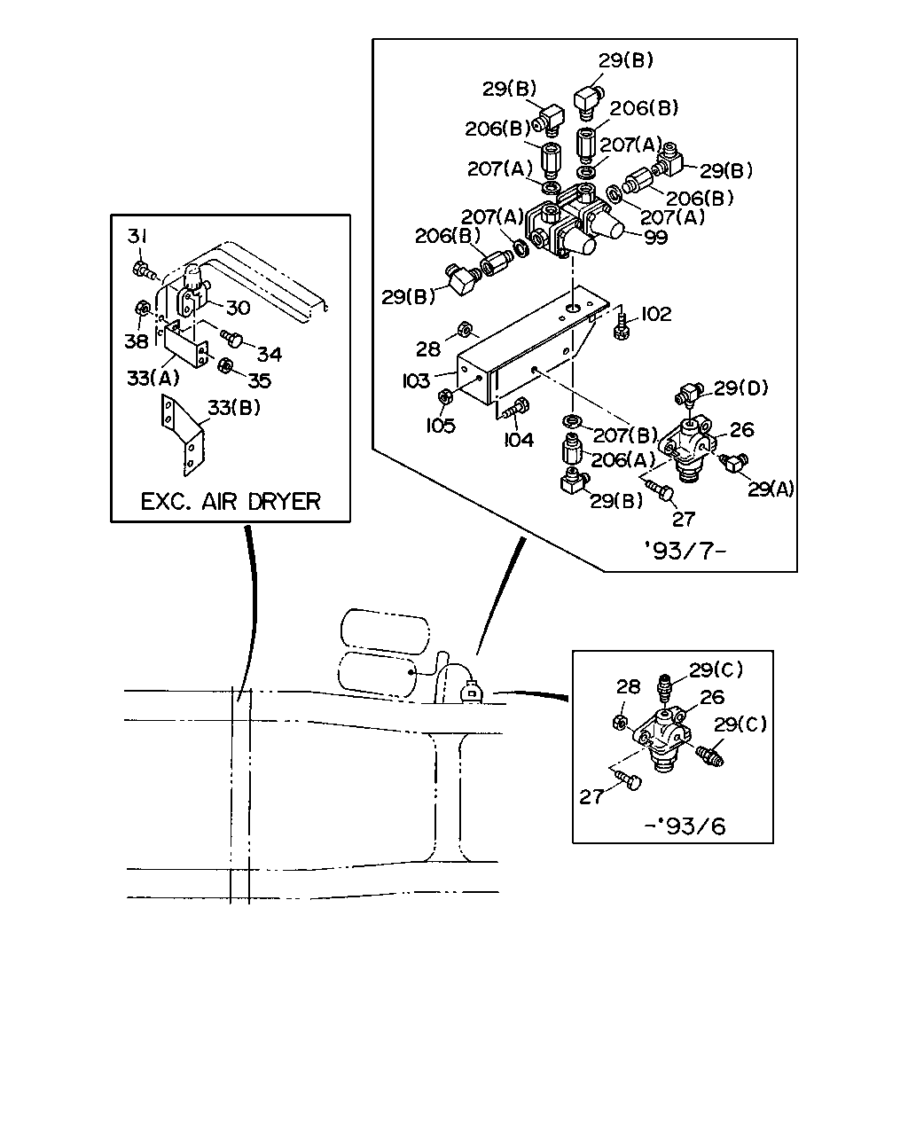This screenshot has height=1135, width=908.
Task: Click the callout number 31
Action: pyautogui.click(x=137, y=236)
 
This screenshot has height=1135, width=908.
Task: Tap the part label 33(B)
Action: pyautogui.click(x=234, y=407)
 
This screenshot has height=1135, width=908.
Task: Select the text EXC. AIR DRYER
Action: pyautogui.click(x=231, y=501)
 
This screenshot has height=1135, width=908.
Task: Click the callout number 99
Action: pyautogui.click(x=656, y=238)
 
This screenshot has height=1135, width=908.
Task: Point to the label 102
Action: pyautogui.click(x=656, y=314)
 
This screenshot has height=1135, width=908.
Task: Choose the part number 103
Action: pyautogui.click(x=416, y=380)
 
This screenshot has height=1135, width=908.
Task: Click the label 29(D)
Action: pyautogui.click(x=740, y=388)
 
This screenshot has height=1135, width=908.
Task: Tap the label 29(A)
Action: pyautogui.click(x=771, y=489)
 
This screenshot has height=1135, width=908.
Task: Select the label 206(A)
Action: pyautogui.click(x=622, y=460)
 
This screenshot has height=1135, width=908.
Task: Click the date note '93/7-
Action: pyautogui.click(x=685, y=551)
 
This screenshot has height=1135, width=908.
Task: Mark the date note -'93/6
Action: pyautogui.click(x=685, y=826)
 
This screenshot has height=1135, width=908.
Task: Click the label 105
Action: pyautogui.click(x=441, y=426)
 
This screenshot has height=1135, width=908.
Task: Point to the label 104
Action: pyautogui.click(x=519, y=439)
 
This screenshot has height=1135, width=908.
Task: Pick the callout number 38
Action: pyautogui.click(x=137, y=341)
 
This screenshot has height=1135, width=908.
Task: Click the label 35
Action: pyautogui.click(x=259, y=380)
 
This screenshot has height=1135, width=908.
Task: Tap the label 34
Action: pyautogui.click(x=269, y=354)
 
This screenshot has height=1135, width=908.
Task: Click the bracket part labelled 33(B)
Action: pyautogui.click(x=182, y=434)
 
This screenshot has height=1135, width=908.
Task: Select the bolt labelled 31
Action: pyautogui.click(x=143, y=270)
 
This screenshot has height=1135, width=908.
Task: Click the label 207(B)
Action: pyautogui.click(x=625, y=435)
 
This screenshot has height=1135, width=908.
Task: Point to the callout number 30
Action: pyautogui.click(x=238, y=308)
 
